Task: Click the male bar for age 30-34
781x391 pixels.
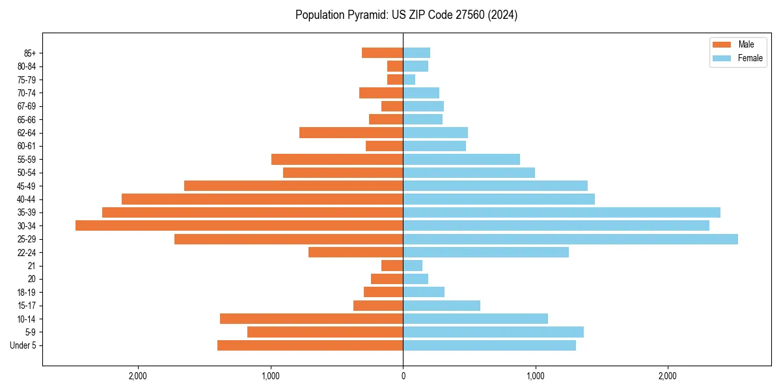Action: tap(239, 225)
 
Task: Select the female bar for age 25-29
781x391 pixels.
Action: tap(570, 239)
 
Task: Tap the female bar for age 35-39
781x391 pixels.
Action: tap(562, 212)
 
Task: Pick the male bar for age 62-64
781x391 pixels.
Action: tap(351, 132)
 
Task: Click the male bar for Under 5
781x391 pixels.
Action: tap(310, 345)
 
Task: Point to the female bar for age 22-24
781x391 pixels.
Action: tap(486, 252)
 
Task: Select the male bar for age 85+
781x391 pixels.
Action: tap(382, 53)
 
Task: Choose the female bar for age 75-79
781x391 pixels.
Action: tap(409, 80)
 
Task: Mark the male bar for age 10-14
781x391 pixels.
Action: tap(311, 319)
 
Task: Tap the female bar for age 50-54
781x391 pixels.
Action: tap(469, 173)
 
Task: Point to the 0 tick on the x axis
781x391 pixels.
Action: tap(403, 376)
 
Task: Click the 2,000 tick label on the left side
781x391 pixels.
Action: tap(138, 376)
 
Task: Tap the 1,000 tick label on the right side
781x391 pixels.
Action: tap(535, 376)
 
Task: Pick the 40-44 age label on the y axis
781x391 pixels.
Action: tap(27, 199)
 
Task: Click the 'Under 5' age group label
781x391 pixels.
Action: tap(23, 345)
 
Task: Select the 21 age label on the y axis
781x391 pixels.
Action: tap(32, 266)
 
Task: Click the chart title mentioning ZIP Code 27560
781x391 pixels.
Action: tap(406, 15)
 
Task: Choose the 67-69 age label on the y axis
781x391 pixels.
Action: tap(27, 106)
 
